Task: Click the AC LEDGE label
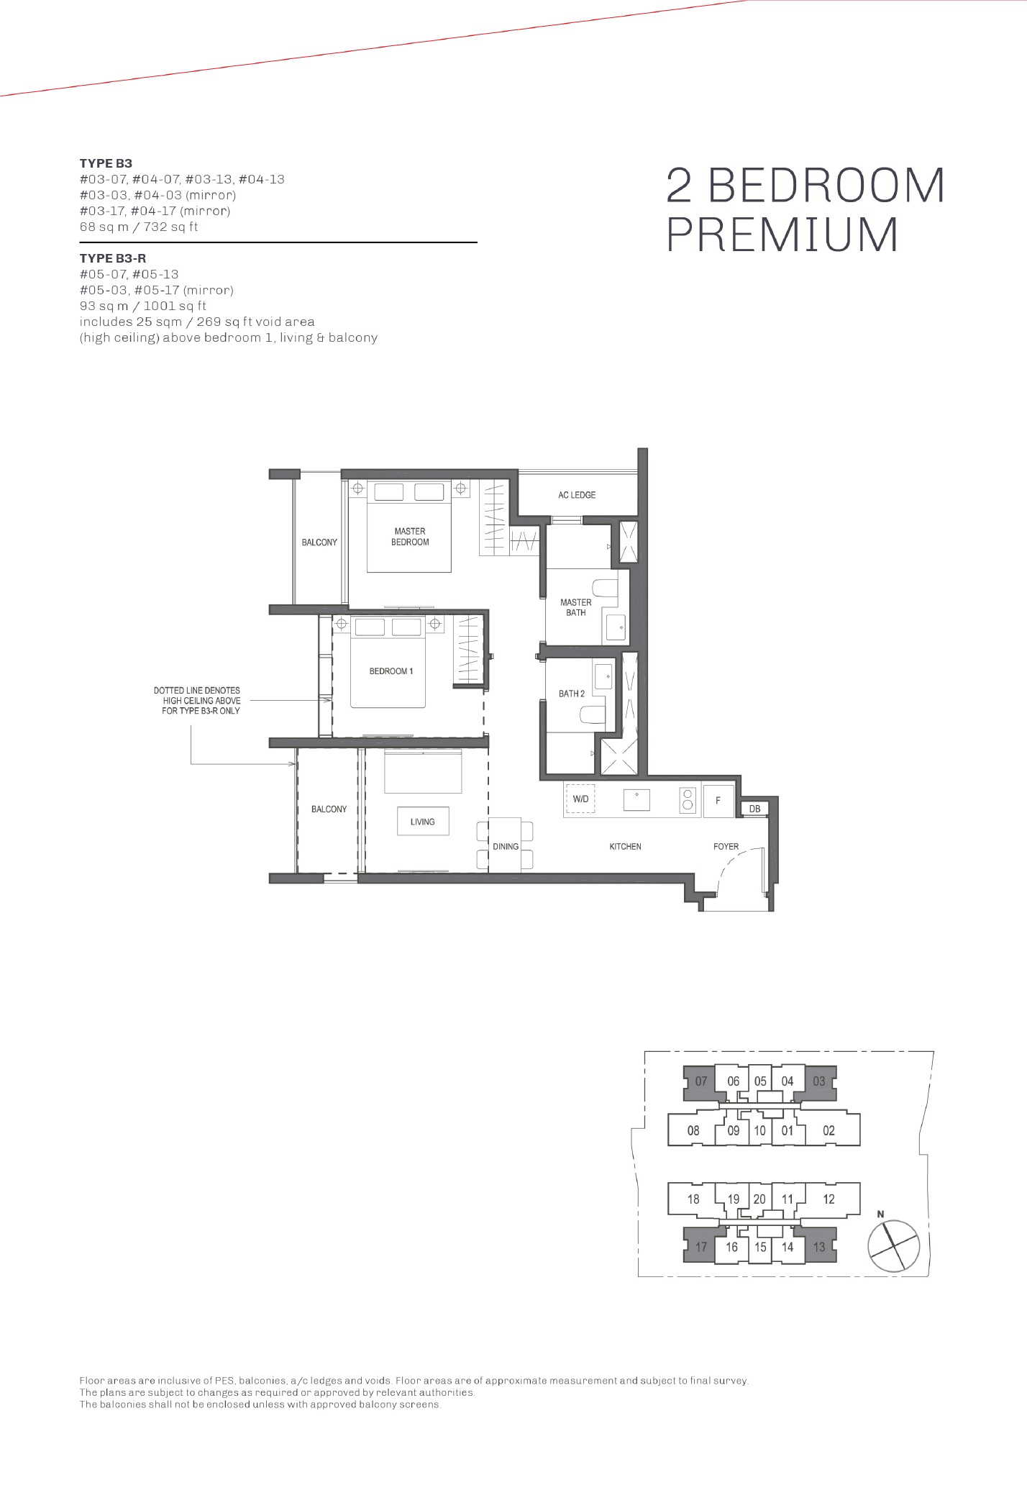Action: [577, 495]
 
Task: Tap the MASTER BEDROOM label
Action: [410, 537]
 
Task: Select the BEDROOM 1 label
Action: [391, 671]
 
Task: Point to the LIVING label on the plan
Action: [423, 822]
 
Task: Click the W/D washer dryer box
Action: [580, 799]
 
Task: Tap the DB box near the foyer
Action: [754, 809]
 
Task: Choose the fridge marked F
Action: [718, 800]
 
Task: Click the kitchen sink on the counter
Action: [636, 800]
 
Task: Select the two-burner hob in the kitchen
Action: [688, 800]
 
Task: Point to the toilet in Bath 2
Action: [593, 714]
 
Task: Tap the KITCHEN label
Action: [625, 847]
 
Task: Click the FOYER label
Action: [726, 847]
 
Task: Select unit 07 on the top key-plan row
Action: [700, 1081]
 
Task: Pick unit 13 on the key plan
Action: [819, 1247]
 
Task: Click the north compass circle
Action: [894, 1245]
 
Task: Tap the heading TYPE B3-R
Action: [113, 258]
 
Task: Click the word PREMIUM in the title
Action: [782, 235]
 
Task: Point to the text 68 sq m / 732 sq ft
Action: [139, 227]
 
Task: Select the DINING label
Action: [506, 847]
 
